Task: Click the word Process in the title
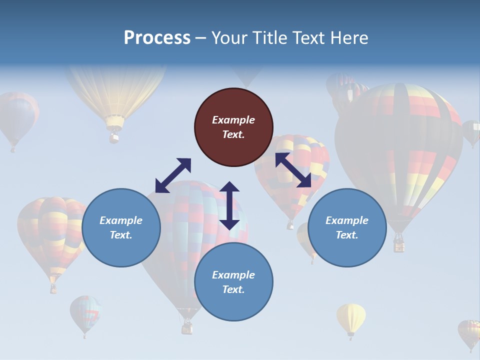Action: click(x=157, y=38)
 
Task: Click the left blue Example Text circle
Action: click(x=121, y=227)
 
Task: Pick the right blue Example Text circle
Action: click(x=347, y=227)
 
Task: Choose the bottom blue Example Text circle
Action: click(x=233, y=281)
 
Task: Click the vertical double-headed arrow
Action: click(x=229, y=205)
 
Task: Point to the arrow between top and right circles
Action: click(x=293, y=170)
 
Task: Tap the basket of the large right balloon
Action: click(x=399, y=244)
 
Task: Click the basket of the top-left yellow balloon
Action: click(x=114, y=135)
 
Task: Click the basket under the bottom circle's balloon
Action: click(x=187, y=327)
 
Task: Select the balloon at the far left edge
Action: click(x=17, y=117)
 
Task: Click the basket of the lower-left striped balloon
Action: click(x=53, y=288)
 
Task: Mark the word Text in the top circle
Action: click(x=233, y=134)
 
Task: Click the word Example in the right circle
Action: click(x=347, y=220)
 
